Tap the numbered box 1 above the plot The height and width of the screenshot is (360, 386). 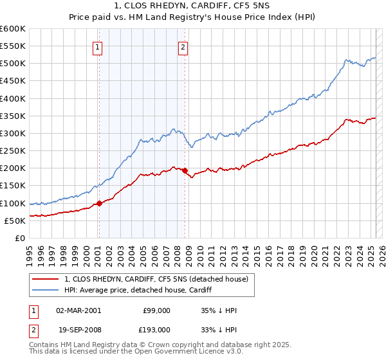click(97, 46)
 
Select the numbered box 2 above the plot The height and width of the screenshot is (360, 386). click(183, 46)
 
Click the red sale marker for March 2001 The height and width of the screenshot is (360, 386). click(99, 203)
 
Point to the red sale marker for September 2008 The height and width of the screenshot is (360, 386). click(185, 170)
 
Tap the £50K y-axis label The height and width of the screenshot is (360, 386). click(15, 221)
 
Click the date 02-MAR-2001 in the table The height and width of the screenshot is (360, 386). click(78, 310)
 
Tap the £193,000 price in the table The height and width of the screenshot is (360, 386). click(157, 329)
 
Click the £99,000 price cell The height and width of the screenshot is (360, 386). click(157, 310)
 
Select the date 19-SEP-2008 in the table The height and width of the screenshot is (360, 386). click(78, 329)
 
